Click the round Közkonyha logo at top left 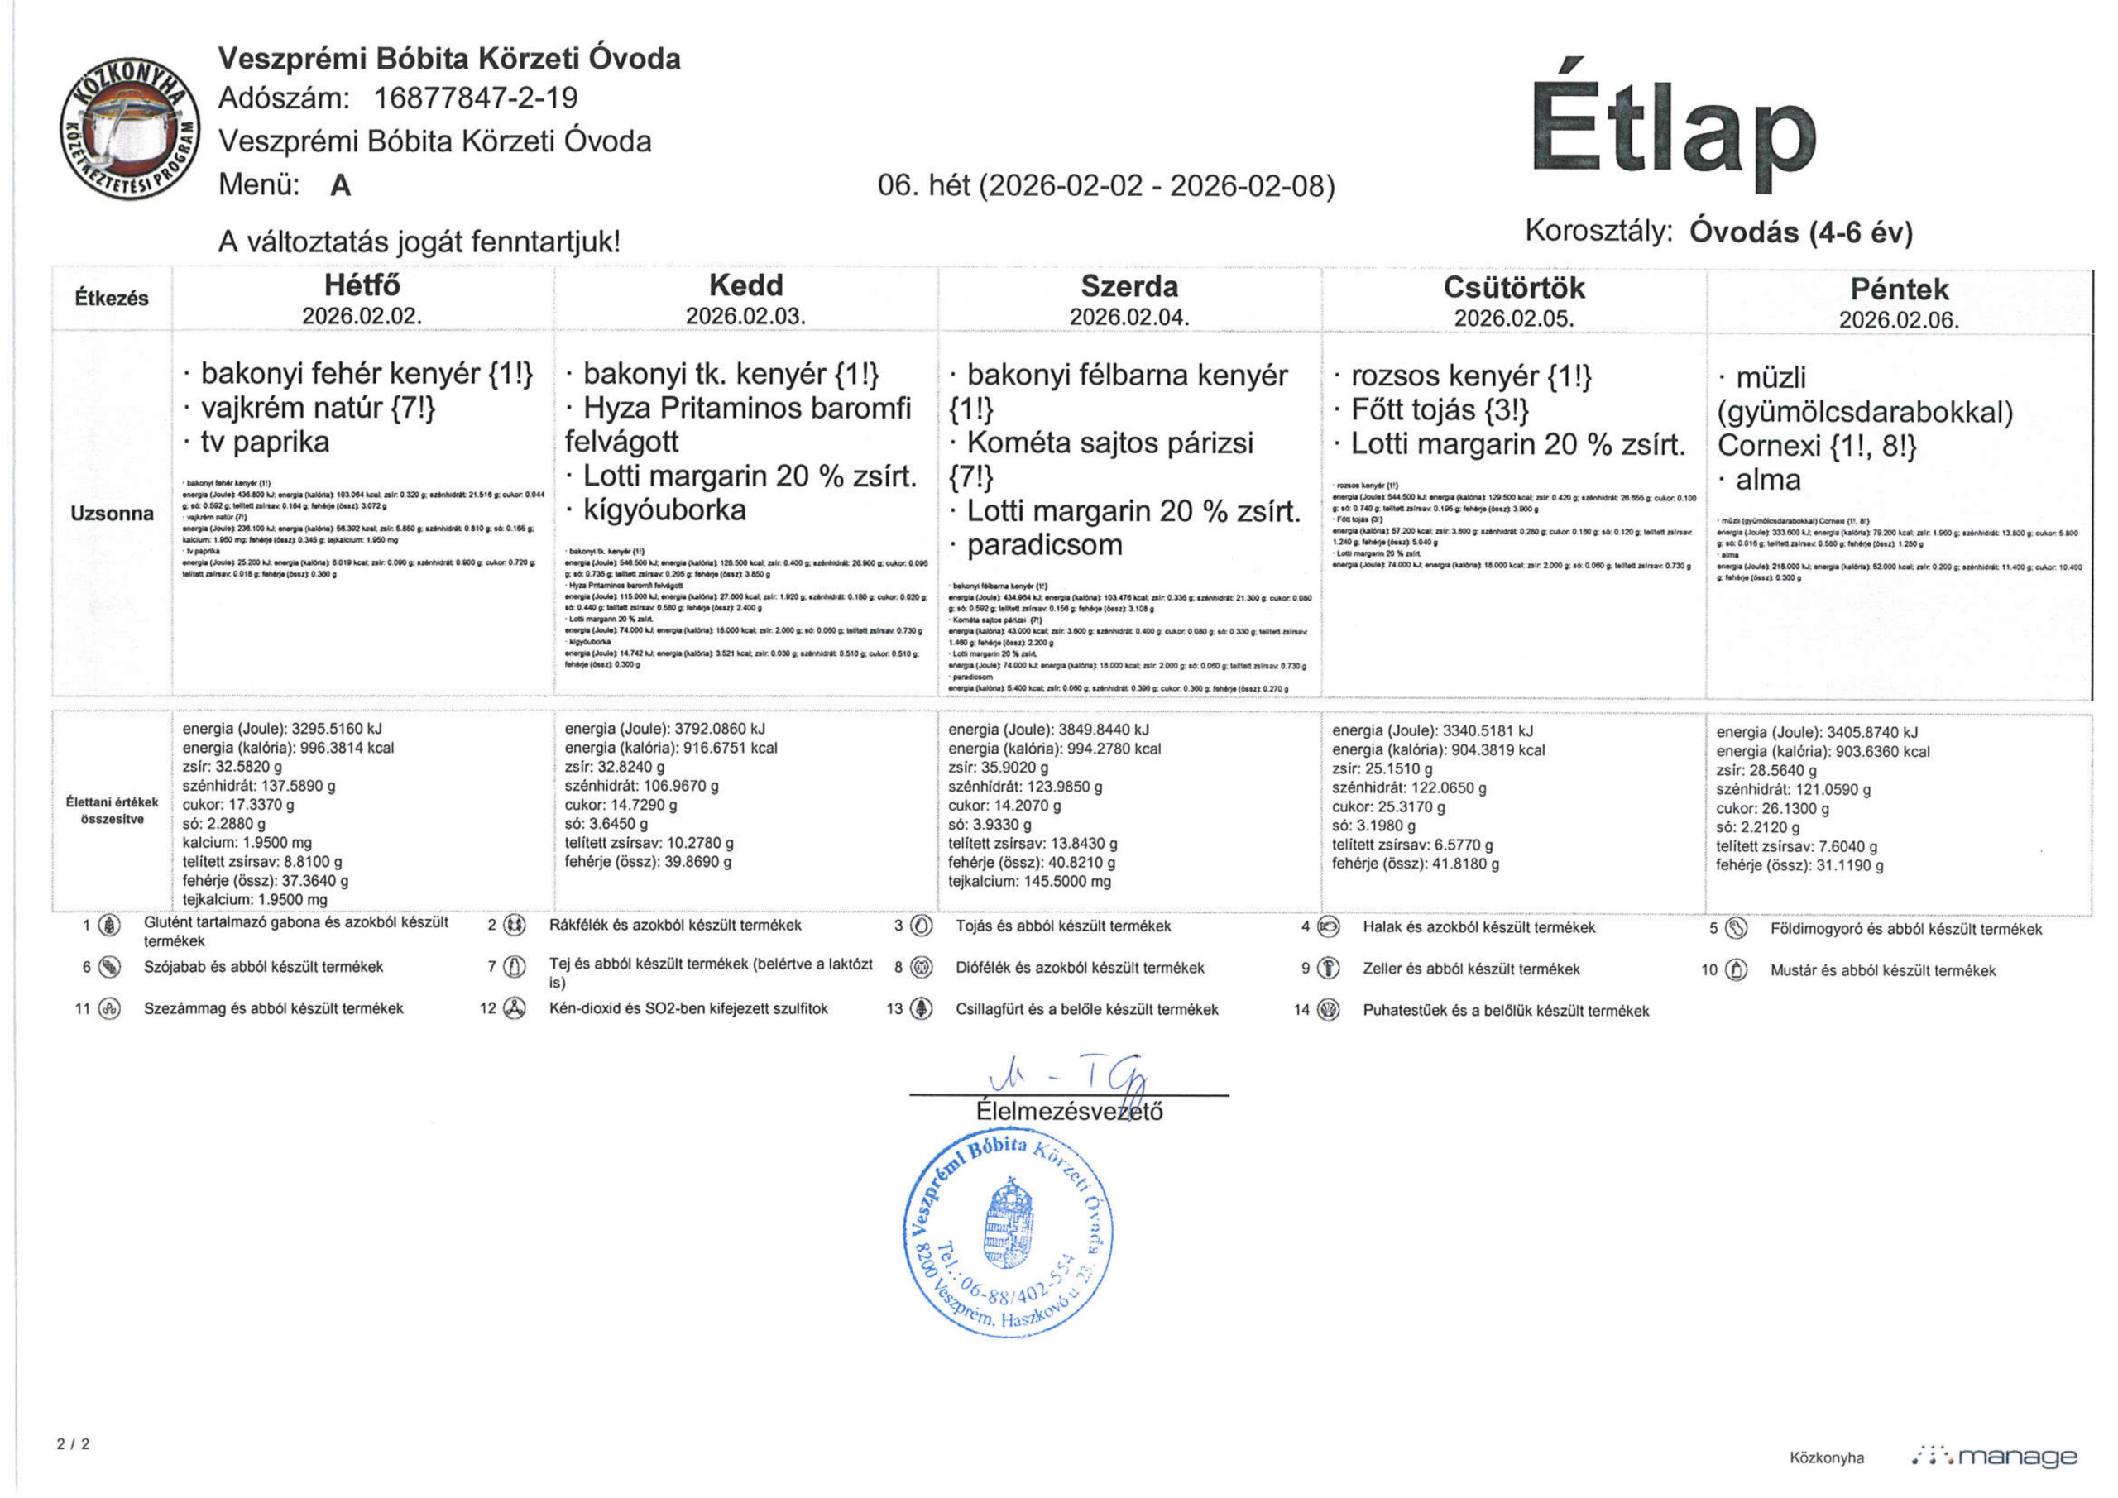[129, 131]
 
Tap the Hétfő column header [362, 285]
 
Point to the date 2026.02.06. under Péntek [1899, 320]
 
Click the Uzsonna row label [112, 514]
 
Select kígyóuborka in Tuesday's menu [664, 510]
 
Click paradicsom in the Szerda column [1044, 545]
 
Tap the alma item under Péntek [1767, 480]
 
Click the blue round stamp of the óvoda [1009, 1232]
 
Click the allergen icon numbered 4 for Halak [1330, 927]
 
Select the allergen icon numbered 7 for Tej [515, 967]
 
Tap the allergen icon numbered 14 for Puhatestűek [1330, 1010]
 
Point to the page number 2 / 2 [74, 1443]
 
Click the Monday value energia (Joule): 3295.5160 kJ [281, 729]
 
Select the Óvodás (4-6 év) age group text [1799, 232]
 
